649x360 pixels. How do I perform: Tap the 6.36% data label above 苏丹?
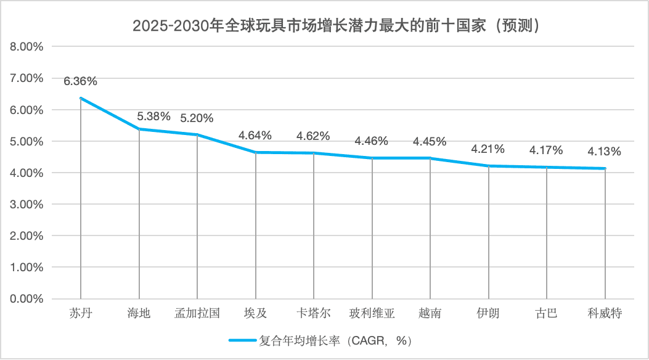(x=80, y=81)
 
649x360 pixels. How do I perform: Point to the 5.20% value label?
(x=197, y=118)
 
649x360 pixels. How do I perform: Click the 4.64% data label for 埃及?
(x=255, y=135)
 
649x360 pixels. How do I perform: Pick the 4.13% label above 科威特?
(x=605, y=152)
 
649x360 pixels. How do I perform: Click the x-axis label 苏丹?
(x=81, y=313)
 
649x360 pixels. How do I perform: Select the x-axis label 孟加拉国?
(x=197, y=313)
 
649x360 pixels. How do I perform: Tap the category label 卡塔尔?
(x=314, y=313)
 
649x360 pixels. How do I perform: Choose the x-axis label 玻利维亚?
(x=372, y=313)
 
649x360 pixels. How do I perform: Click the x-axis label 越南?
(x=430, y=313)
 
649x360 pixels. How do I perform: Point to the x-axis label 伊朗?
(x=488, y=313)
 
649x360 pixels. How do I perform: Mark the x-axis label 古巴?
(x=546, y=313)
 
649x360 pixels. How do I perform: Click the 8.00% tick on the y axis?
(x=26, y=47)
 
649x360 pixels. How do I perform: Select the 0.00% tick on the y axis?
(x=26, y=299)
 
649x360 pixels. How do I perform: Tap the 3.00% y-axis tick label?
(x=26, y=205)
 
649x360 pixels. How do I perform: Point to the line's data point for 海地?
(x=139, y=129)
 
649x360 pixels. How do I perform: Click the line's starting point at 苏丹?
(x=81, y=98)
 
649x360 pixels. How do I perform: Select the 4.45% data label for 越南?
(x=430, y=141)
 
